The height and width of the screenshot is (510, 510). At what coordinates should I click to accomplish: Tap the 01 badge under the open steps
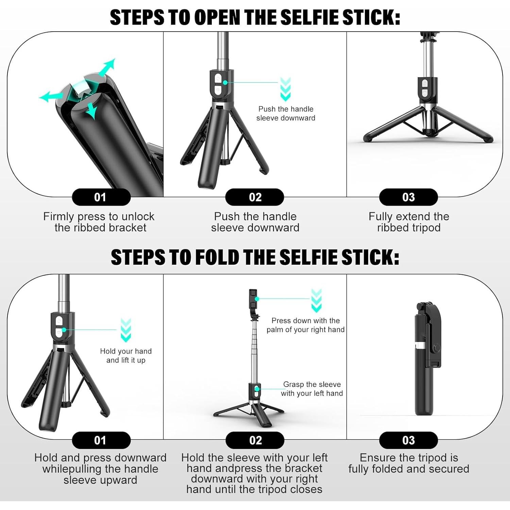(101, 197)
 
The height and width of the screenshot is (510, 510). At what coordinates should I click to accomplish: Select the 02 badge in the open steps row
(255, 197)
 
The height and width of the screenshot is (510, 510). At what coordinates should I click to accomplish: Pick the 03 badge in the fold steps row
(408, 440)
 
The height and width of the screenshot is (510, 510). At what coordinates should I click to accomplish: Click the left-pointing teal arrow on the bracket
(50, 97)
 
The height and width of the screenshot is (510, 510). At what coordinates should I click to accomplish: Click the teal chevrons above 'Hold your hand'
(126, 330)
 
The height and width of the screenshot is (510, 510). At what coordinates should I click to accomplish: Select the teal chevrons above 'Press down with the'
(316, 301)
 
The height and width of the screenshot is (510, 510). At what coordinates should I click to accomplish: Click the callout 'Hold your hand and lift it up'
(126, 356)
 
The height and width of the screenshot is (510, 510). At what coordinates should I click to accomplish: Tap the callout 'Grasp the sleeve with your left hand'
(312, 389)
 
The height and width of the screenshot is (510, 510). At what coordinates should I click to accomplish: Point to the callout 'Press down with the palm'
(305, 325)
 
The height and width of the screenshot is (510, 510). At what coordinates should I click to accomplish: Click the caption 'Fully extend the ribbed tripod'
(409, 222)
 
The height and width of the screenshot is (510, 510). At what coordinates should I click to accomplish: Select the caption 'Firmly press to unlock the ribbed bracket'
(99, 222)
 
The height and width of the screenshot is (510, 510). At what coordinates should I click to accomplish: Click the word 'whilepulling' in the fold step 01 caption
(72, 469)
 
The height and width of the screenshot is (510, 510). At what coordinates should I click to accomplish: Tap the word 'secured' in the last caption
(448, 469)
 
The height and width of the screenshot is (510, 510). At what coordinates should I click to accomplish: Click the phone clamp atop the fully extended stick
(253, 301)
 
